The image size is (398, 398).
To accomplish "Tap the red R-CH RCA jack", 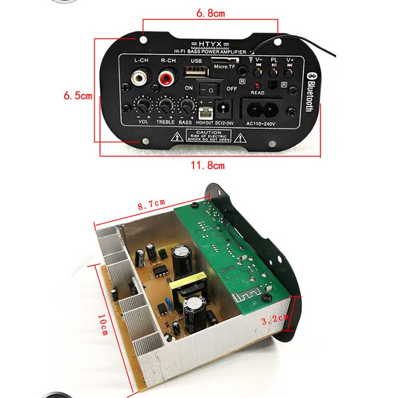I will click(x=165, y=78).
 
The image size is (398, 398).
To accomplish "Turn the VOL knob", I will click(x=144, y=106).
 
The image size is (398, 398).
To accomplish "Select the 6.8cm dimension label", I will click(x=209, y=13).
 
